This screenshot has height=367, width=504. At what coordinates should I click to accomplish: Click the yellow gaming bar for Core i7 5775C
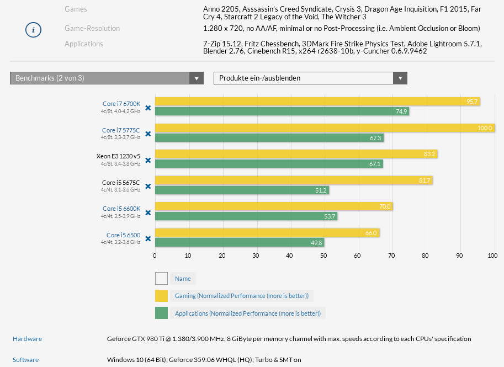click(325, 128)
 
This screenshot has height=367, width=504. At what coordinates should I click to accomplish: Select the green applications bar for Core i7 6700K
click(282, 111)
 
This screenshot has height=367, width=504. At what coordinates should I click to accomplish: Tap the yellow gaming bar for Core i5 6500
click(267, 233)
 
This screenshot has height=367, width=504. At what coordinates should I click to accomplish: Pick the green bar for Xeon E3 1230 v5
click(269, 164)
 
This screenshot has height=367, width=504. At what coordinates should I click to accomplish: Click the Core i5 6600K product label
click(121, 209)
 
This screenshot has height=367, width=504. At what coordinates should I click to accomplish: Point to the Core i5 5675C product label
click(121, 183)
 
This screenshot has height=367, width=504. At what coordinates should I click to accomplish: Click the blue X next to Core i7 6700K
click(148, 108)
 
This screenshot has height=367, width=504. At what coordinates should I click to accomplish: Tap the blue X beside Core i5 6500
click(148, 239)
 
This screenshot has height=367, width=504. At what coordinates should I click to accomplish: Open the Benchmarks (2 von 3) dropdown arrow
click(197, 78)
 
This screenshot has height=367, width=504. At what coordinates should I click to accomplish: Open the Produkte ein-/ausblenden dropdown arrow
click(400, 78)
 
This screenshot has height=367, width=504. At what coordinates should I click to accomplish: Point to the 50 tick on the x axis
click(323, 256)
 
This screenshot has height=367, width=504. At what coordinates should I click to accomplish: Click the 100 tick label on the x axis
click(492, 256)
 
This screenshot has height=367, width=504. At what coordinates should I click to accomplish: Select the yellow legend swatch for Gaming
click(161, 296)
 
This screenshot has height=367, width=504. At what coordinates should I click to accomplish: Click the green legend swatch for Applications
click(161, 313)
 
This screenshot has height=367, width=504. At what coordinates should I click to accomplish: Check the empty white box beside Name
click(161, 279)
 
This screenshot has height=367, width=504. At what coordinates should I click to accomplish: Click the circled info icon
click(34, 30)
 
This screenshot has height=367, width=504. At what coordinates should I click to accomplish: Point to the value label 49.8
click(316, 242)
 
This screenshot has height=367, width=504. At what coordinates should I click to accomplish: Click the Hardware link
click(27, 339)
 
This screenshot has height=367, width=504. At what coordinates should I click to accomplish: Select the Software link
click(26, 360)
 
